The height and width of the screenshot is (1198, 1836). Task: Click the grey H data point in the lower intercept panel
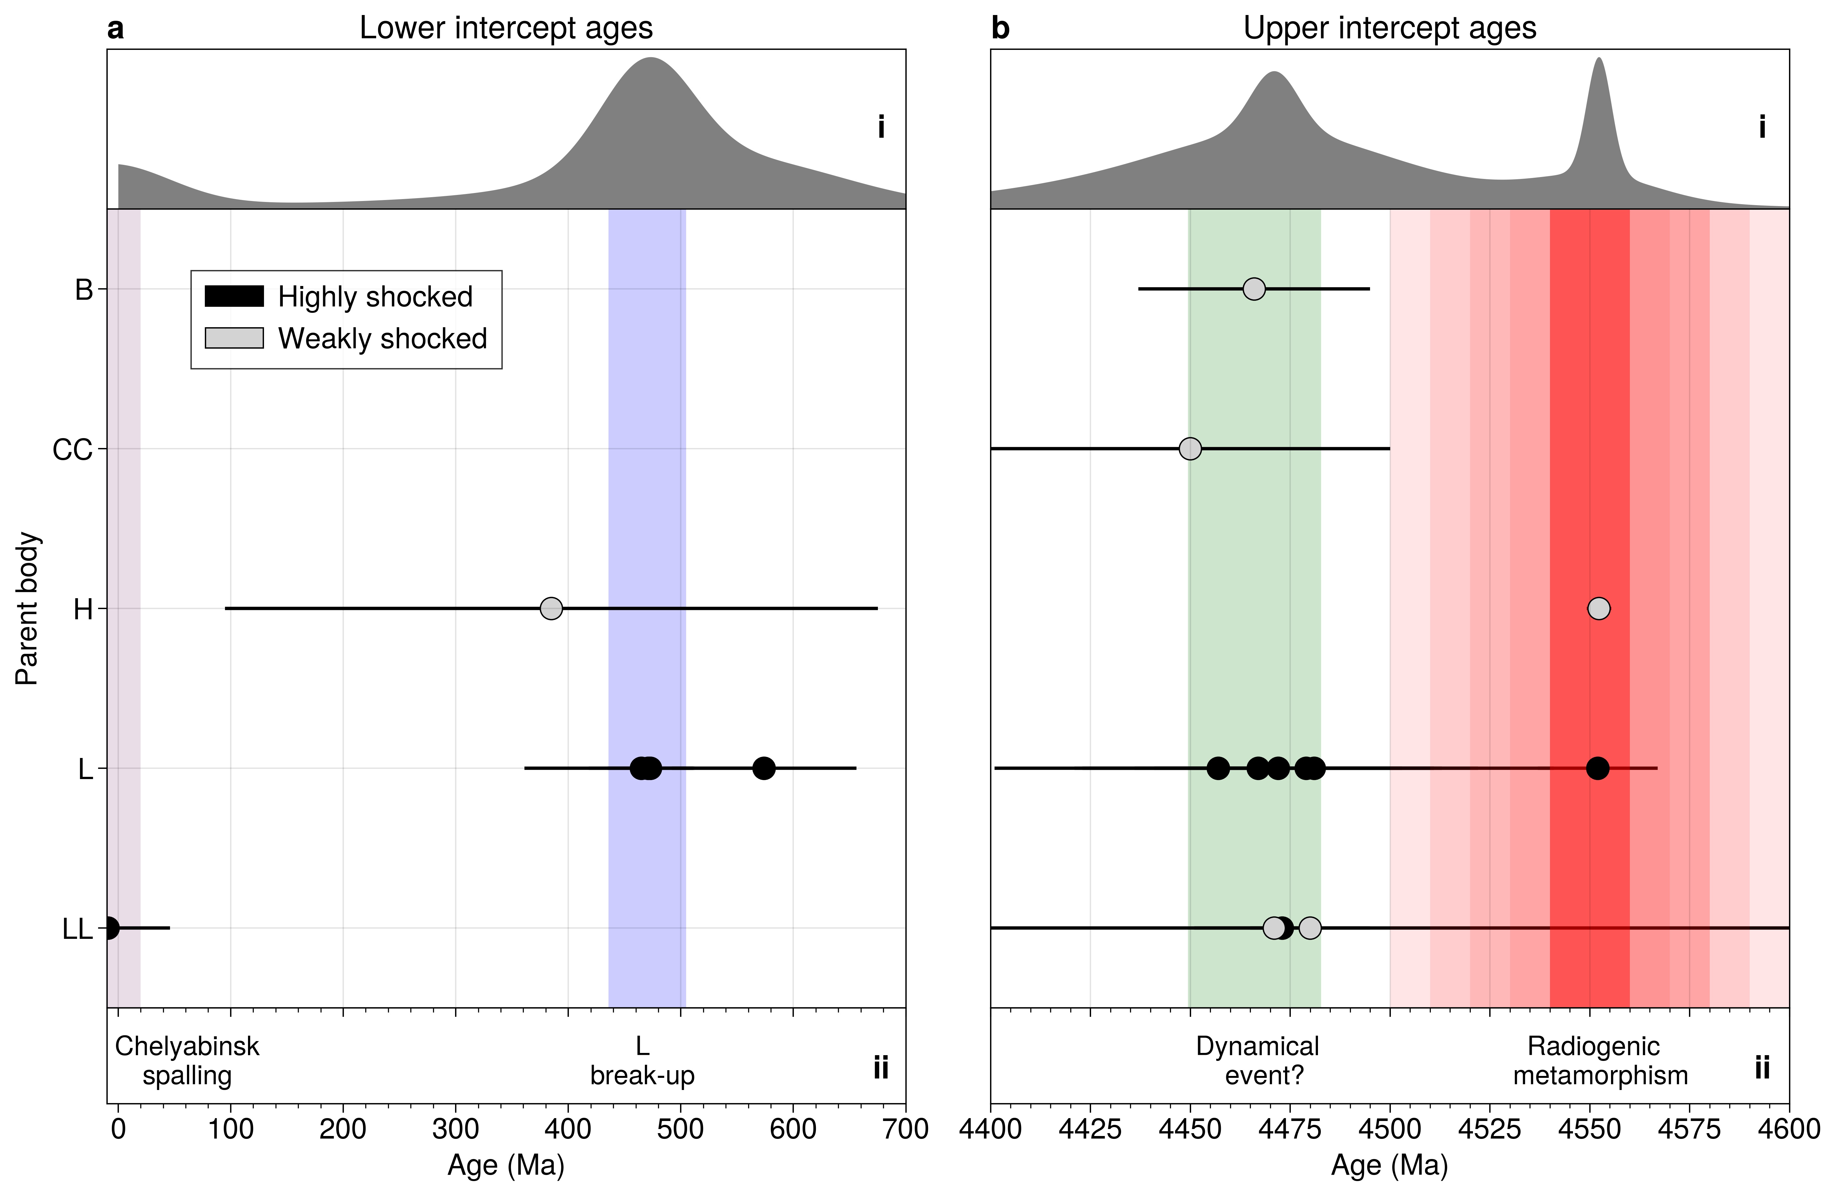(x=551, y=609)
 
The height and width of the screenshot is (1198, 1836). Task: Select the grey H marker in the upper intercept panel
(x=1599, y=609)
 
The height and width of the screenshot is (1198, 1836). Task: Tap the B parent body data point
(x=1254, y=289)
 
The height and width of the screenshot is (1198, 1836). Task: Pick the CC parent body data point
(x=1190, y=449)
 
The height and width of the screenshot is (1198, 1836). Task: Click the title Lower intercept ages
(x=506, y=28)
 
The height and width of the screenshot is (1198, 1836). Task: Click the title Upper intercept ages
(x=1389, y=28)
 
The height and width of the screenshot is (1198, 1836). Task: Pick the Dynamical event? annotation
(x=1258, y=1061)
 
